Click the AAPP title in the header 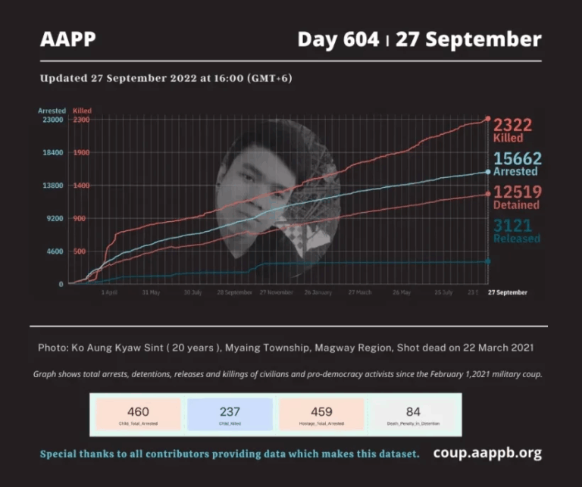coord(68,39)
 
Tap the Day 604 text coord(338,39)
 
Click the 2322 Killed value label coord(513,130)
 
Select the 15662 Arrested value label coord(516,164)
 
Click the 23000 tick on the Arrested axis coord(52,120)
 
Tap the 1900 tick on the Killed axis coord(82,152)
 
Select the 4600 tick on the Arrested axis coord(54,251)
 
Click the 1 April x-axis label coord(109,292)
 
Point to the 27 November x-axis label coord(276,292)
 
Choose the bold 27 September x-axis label coord(507,292)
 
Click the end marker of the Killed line coord(487,119)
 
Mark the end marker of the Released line coord(487,261)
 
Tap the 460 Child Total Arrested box coord(138,415)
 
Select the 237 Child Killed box coord(230,415)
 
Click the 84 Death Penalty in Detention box coord(413,415)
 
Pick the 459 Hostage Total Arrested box coord(321,415)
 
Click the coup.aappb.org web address coord(487,453)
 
